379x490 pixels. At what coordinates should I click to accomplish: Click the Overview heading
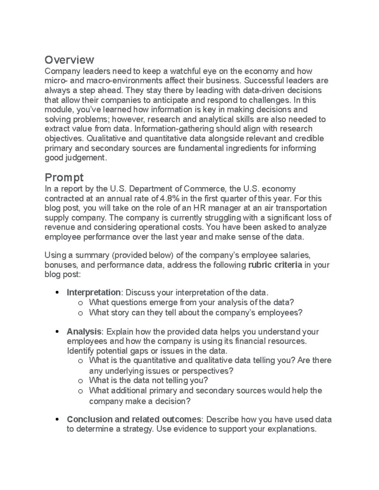click(x=69, y=60)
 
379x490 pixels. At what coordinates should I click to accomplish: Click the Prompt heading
click(x=64, y=178)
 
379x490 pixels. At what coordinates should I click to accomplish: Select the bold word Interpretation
click(x=93, y=292)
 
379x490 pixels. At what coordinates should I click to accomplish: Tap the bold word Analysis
click(x=84, y=332)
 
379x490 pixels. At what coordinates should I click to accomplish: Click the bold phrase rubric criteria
click(x=275, y=265)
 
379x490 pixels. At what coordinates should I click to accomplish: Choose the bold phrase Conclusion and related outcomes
click(x=134, y=419)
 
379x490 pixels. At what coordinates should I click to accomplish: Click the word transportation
click(x=302, y=208)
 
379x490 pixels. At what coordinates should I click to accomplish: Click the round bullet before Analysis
click(x=57, y=332)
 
